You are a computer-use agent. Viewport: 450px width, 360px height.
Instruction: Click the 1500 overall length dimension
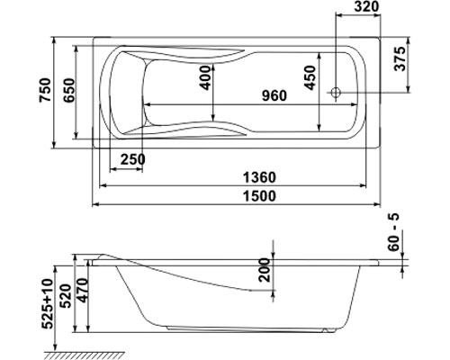[x=259, y=196]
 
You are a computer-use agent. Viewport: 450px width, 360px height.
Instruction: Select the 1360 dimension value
[x=259, y=177]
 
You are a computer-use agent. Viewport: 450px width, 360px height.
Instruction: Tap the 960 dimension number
[x=274, y=95]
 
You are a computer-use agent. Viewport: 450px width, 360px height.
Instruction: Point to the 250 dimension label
[x=133, y=159]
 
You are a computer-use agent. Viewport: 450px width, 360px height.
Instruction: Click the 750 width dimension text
[x=45, y=90]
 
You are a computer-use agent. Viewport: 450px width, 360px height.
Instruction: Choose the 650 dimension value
[x=69, y=90]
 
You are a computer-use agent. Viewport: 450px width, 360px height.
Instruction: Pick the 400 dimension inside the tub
[x=205, y=77]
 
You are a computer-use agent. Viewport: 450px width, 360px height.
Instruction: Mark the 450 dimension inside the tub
[x=310, y=77]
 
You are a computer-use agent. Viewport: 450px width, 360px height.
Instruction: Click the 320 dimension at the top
[x=366, y=6]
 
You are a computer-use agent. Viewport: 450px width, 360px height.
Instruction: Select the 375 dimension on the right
[x=400, y=58]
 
